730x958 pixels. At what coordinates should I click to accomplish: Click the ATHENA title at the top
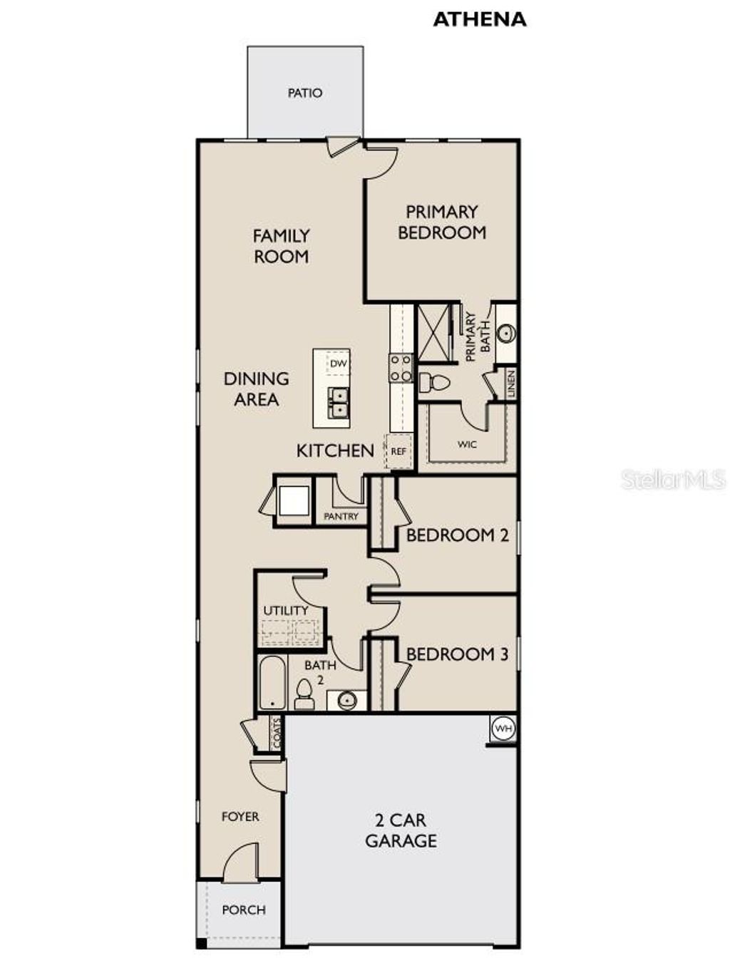[479, 19]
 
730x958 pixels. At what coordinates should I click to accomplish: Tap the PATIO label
[304, 93]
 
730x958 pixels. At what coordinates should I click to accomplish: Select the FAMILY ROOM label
[281, 246]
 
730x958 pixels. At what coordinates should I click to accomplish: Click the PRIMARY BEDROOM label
[441, 222]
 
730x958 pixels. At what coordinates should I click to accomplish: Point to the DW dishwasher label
[338, 364]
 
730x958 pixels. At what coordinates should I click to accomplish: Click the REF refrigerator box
[399, 451]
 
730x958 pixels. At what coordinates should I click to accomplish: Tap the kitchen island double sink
[337, 403]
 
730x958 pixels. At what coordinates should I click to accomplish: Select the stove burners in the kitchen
[400, 368]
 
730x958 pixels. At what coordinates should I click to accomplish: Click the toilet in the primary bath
[434, 383]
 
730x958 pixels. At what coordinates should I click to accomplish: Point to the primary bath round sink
[506, 333]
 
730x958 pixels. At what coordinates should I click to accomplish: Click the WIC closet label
[467, 444]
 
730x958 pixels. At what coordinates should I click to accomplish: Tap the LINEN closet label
[510, 384]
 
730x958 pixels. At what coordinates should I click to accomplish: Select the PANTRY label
[341, 516]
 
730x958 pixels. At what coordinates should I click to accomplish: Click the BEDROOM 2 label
[457, 535]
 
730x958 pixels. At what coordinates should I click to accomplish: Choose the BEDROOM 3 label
[457, 654]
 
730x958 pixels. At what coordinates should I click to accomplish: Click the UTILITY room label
[286, 611]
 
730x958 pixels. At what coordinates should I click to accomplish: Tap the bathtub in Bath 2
[272, 683]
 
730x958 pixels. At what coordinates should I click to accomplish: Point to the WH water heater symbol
[503, 728]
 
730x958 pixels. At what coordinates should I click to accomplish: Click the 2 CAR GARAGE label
[401, 830]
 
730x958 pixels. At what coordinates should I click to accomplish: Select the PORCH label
[243, 910]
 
